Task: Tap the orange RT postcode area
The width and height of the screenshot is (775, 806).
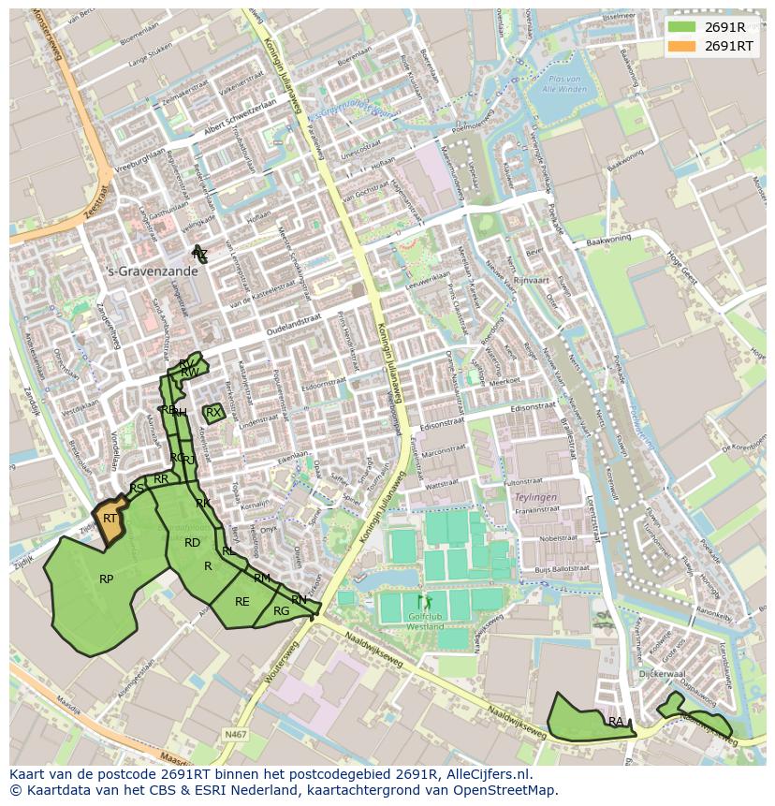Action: coord(110,520)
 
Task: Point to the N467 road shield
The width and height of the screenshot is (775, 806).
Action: coord(235,735)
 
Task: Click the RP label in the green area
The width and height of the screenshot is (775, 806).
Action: coord(106,579)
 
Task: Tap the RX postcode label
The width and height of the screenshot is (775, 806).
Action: coord(212,413)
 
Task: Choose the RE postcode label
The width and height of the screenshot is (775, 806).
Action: coord(241,602)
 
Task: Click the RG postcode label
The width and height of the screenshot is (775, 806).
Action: coord(281,611)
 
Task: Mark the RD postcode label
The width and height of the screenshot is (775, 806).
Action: coord(192,543)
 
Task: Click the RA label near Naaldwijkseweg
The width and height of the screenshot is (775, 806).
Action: coord(615,722)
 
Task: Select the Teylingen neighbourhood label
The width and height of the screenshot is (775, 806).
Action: coord(536,497)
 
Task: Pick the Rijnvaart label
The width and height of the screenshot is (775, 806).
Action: coord(530,280)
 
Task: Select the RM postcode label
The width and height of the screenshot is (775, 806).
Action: coord(262,579)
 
